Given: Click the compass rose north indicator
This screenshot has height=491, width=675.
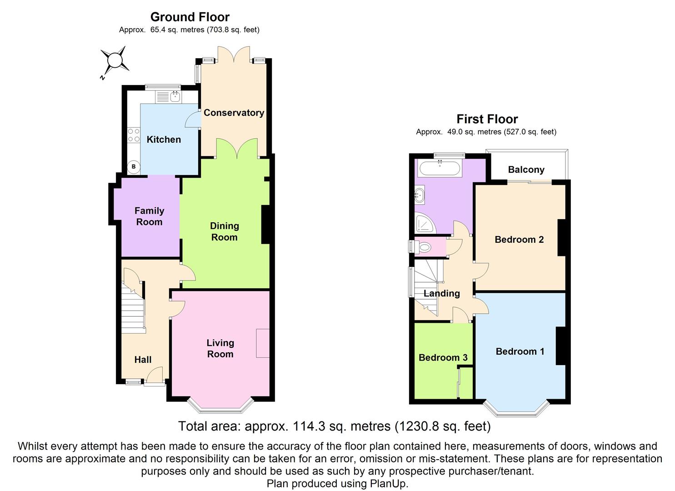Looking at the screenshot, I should [x=115, y=60].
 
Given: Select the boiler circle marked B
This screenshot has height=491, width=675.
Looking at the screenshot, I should [x=134, y=167].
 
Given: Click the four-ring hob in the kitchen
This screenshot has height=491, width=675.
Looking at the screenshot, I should [x=134, y=135].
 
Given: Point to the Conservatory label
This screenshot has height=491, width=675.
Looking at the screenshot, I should [x=234, y=113].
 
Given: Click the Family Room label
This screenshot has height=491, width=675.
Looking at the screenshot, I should [x=149, y=216].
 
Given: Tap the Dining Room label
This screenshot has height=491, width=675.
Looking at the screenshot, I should [x=224, y=231].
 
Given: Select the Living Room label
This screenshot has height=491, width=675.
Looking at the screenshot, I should [x=220, y=348].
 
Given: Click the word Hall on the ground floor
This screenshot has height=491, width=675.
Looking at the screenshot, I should [x=143, y=360].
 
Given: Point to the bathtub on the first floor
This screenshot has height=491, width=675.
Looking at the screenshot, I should [x=440, y=169].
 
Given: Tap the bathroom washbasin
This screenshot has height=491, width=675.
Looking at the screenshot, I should [x=420, y=195].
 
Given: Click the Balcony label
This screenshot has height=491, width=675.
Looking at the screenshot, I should [x=526, y=170].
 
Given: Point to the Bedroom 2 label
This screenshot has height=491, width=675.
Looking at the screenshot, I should [x=519, y=240].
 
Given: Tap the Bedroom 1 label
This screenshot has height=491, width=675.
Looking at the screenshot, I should [x=520, y=351].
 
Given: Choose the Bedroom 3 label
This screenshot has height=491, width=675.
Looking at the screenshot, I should [x=443, y=358].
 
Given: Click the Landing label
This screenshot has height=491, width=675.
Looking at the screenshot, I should [x=441, y=294].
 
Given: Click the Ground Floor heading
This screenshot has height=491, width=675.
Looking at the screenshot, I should [x=190, y=17].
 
